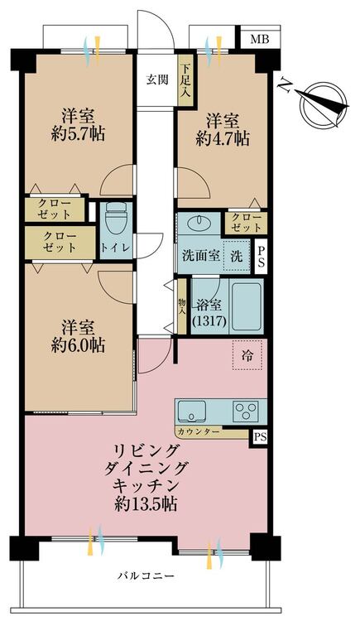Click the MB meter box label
pos(260,39)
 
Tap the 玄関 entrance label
pos(157,79)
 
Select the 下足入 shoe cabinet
pos(185,80)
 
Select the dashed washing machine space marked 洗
pos(237,256)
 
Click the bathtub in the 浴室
pos(247,306)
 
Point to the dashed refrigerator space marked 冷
pos(247,355)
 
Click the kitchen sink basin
pos(192,411)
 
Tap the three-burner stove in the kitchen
pos(246,410)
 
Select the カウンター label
pos(199,431)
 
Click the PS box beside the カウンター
pos(258,438)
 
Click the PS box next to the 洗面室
pos(261,256)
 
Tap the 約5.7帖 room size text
pos(78,135)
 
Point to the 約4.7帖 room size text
pos(223,138)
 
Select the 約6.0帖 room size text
pos(78,345)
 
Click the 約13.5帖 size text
pos(146,504)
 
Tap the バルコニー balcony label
pos(146,575)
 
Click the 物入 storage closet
pos(182,306)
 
